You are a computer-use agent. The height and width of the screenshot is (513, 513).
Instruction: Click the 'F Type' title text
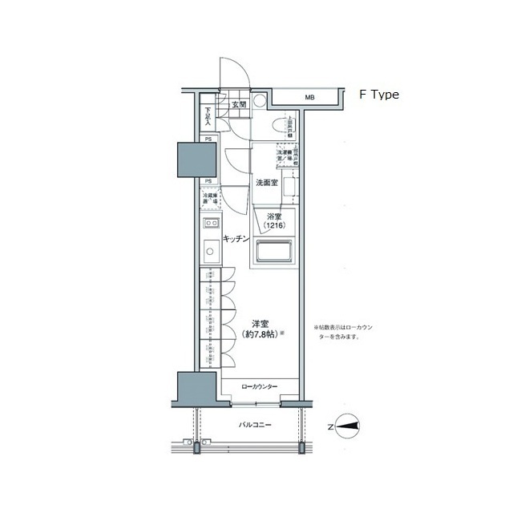pyautogui.click(x=379, y=94)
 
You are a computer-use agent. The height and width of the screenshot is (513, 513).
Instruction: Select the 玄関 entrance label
pyautogui.click(x=239, y=104)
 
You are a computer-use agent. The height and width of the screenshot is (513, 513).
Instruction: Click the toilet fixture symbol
pyautogui.click(x=280, y=127)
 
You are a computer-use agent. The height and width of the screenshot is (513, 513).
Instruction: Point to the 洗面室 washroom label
pyautogui.click(x=266, y=183)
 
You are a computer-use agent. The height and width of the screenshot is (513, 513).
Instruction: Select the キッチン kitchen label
pyautogui.click(x=235, y=239)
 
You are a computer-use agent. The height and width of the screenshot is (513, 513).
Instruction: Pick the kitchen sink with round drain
pyautogui.click(x=208, y=253)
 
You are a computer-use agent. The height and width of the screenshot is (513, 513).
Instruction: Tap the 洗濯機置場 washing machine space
pyautogui.click(x=285, y=156)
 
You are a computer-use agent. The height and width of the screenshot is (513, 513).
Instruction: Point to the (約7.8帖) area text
pyautogui.click(x=260, y=336)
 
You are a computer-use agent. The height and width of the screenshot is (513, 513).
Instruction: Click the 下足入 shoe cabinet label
pyautogui.click(x=208, y=116)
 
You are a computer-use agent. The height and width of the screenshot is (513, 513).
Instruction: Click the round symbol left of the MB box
pyautogui.click(x=260, y=103)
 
